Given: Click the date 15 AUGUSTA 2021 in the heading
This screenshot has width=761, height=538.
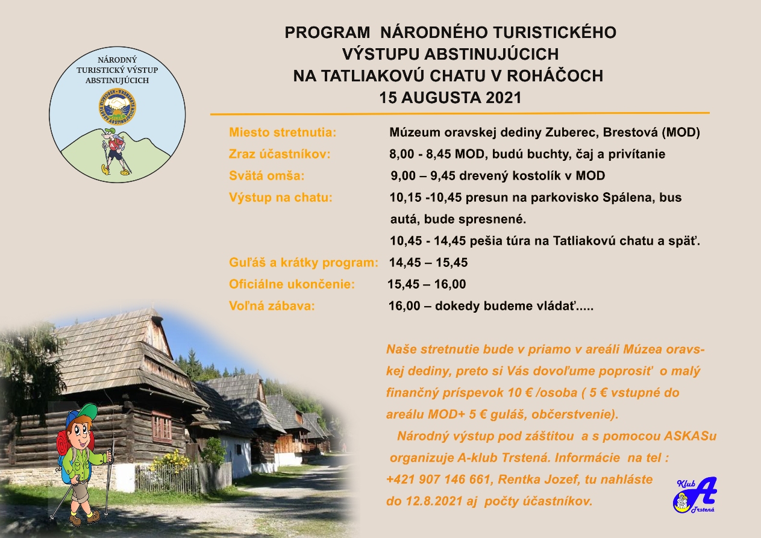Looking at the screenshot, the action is point(450,98).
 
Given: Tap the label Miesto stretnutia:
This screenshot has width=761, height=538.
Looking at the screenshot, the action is point(283,133).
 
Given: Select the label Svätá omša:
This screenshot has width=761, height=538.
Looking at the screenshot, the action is point(267,175).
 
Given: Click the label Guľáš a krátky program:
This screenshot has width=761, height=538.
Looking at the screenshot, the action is point(304,263).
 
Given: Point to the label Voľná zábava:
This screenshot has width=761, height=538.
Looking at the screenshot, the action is point(272,305).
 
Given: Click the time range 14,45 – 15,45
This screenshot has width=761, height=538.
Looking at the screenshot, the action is point(428,263).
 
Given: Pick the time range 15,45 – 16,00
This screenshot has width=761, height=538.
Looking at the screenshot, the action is point(427,284).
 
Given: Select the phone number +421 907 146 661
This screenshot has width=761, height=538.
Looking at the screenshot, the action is point(439,479).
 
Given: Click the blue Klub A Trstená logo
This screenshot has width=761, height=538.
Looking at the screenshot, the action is point(695,495).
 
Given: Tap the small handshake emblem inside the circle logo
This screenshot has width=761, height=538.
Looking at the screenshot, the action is point(117,107).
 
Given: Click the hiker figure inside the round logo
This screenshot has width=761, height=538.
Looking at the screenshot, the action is point(116,151).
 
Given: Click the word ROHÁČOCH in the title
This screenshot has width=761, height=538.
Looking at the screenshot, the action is point(555,76).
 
